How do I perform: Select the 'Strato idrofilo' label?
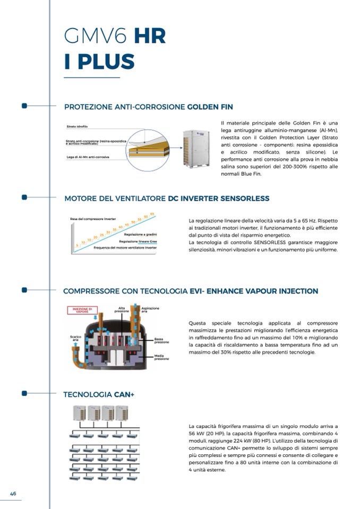77,126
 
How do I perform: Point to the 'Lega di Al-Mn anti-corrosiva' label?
88,157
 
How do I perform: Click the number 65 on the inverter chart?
152,213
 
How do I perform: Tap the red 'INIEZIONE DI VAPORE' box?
82,310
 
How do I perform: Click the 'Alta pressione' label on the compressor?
122,309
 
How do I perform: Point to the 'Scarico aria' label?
75,339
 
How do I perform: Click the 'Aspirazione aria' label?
151,309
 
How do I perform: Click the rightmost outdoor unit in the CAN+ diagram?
123,412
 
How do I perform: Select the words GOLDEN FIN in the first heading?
210,107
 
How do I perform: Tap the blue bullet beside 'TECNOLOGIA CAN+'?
24,393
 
